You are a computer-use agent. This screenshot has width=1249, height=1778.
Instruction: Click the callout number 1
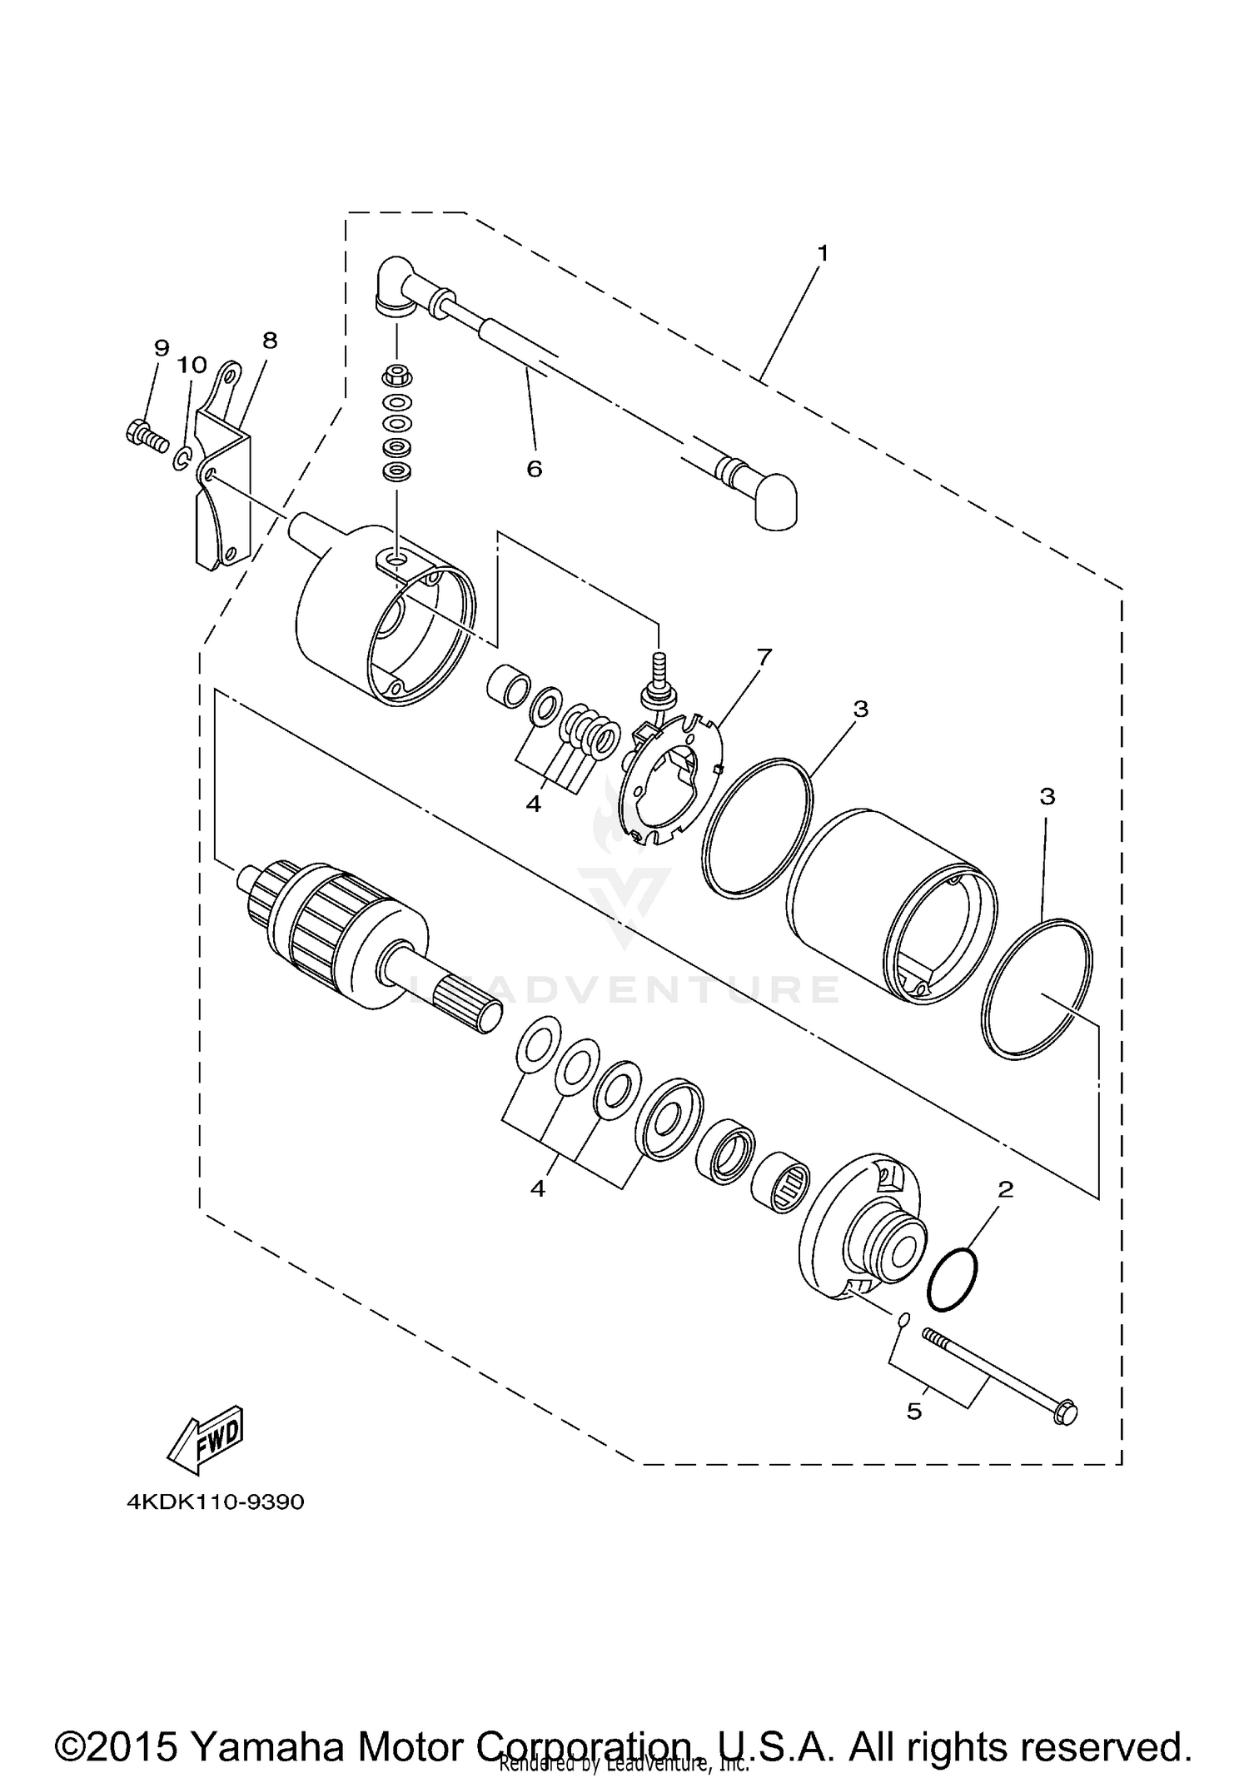(x=822, y=252)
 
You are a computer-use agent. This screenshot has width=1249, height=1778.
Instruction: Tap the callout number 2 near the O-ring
(x=1005, y=1190)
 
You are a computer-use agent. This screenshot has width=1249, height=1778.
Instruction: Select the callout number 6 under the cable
(x=534, y=469)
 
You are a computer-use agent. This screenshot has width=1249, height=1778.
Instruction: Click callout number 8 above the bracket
(x=269, y=340)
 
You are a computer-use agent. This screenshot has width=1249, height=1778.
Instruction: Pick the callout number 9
(x=161, y=347)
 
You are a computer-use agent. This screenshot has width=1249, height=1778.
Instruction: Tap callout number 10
(x=192, y=365)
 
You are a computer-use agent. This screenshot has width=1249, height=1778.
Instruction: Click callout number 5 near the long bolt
(x=914, y=1412)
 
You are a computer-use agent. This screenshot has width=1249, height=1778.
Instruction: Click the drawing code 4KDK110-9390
(x=216, y=1502)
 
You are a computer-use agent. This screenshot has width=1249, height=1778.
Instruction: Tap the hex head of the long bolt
(x=1065, y=1412)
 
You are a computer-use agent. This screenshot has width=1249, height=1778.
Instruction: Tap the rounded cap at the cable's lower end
(x=776, y=501)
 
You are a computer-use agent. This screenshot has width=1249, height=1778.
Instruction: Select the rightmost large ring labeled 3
(x=1038, y=989)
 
